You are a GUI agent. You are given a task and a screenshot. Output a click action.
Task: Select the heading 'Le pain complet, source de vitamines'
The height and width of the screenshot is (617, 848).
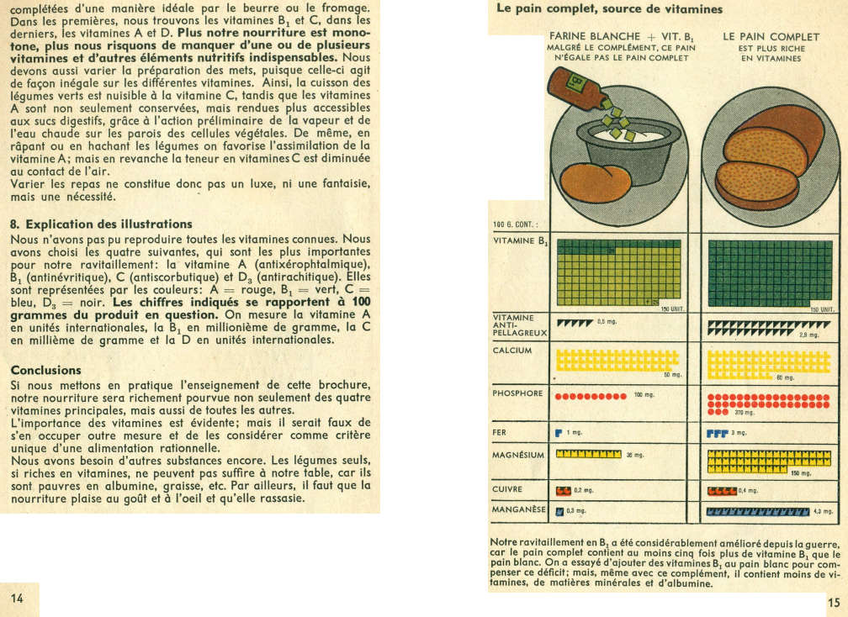point(608,9)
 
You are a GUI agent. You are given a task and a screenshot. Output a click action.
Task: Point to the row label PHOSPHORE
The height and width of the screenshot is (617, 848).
point(517,393)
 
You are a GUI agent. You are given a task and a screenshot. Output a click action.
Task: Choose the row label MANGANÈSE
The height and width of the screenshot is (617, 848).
point(519,509)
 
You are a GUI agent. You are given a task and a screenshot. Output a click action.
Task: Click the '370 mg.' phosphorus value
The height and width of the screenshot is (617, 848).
point(745,414)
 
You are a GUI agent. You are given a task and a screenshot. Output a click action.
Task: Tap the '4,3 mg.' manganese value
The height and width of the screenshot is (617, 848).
point(824,511)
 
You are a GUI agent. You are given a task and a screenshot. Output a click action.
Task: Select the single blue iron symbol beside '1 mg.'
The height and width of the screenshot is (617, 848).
point(558,433)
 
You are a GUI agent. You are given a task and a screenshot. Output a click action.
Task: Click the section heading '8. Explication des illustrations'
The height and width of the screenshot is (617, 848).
point(100,224)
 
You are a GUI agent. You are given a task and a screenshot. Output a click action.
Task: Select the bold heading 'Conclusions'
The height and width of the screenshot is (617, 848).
point(45,370)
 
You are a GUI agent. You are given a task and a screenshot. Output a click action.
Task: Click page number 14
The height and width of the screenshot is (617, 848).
point(18,597)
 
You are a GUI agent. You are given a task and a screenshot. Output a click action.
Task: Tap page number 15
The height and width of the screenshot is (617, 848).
point(833,602)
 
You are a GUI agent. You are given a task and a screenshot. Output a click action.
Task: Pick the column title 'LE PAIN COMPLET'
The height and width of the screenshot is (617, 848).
point(771,37)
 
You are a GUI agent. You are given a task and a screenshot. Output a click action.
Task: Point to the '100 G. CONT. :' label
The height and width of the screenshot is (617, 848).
point(516,224)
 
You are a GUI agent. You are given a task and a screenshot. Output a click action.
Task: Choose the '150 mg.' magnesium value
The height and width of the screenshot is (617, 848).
point(799,473)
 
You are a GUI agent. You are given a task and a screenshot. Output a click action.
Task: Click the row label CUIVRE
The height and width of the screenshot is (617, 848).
point(507,488)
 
